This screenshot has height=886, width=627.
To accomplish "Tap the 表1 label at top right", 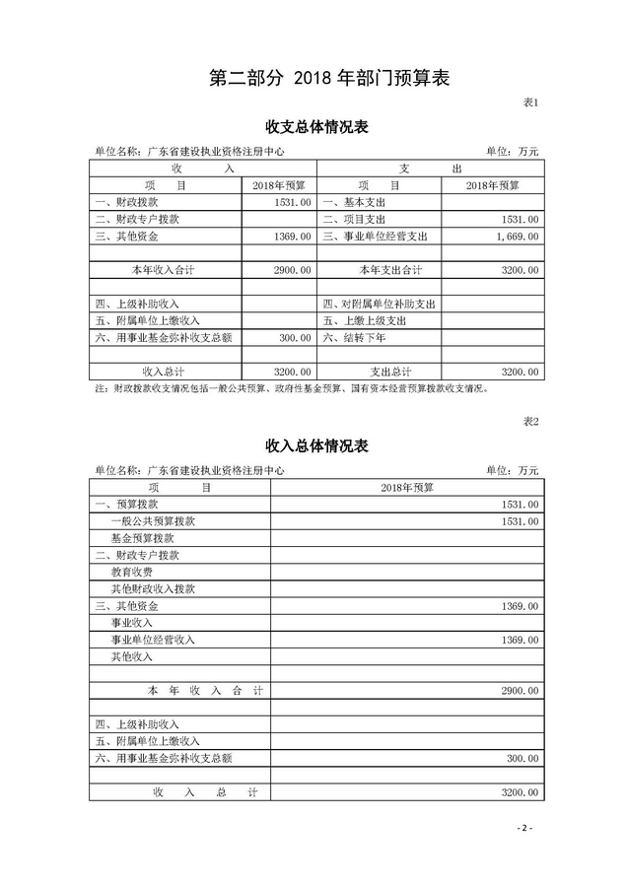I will click(529, 102).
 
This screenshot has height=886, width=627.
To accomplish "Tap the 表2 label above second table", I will click(529, 422).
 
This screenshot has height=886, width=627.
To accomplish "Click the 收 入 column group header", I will click(203, 169).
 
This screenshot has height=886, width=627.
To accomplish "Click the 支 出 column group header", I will click(429, 169).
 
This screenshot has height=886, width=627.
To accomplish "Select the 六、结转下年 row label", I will click(354, 338).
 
